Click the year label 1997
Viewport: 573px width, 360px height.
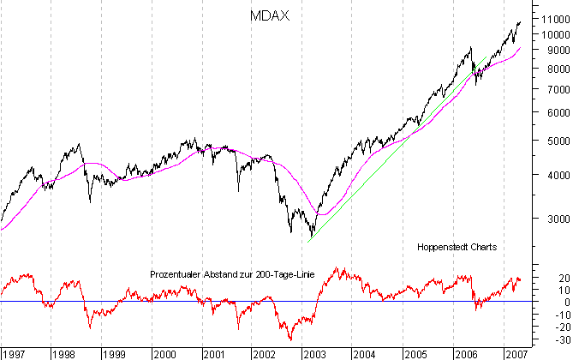click(15, 353)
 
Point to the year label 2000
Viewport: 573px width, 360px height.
click(165, 353)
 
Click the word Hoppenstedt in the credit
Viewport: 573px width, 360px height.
click(444, 247)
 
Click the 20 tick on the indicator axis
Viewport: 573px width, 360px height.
click(541, 278)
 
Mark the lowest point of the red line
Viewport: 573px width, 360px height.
click(290, 340)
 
